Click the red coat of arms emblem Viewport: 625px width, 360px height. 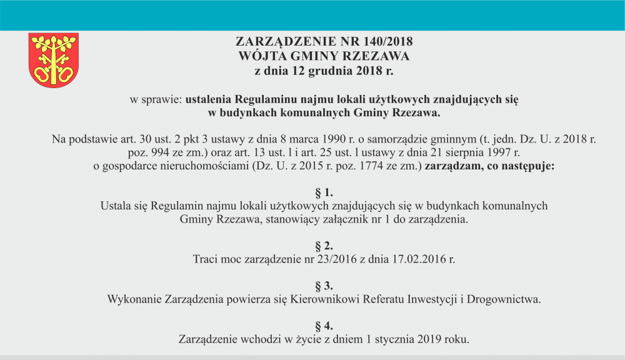click(x=54, y=60)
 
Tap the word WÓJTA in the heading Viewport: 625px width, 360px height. click(x=261, y=56)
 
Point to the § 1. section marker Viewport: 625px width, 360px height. click(x=324, y=192)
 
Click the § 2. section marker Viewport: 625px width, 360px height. click(x=324, y=244)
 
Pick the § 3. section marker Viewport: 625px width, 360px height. click(x=324, y=286)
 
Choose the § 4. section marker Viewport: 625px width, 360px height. click(x=324, y=326)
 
